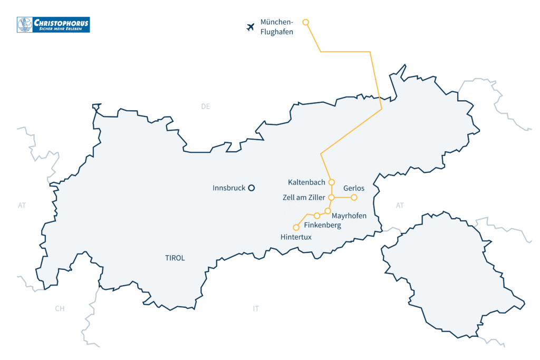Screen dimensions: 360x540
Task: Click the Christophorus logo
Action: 53,24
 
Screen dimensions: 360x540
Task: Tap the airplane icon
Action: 250,27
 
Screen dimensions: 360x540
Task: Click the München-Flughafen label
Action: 276,27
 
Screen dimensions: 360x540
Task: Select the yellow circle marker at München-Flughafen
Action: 305,22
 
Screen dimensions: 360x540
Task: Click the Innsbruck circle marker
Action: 252,188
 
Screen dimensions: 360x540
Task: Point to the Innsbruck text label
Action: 228,188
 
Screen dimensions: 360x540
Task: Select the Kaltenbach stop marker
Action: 332,182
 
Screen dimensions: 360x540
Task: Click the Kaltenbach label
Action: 306,182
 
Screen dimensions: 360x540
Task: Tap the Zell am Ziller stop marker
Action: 332,198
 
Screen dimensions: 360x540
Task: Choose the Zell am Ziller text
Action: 304,198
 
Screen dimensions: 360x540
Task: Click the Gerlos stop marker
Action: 354,198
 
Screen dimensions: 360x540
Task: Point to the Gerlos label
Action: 354,188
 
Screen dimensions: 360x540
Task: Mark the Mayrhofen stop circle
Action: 327,211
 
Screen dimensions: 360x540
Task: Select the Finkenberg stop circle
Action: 317,216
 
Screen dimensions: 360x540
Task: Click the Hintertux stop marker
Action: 296,228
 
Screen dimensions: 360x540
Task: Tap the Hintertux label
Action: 296,238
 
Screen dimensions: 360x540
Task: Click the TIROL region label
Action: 175,258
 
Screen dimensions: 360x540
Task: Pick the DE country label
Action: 205,106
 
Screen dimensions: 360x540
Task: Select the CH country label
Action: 60,309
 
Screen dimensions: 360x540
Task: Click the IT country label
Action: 256,309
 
